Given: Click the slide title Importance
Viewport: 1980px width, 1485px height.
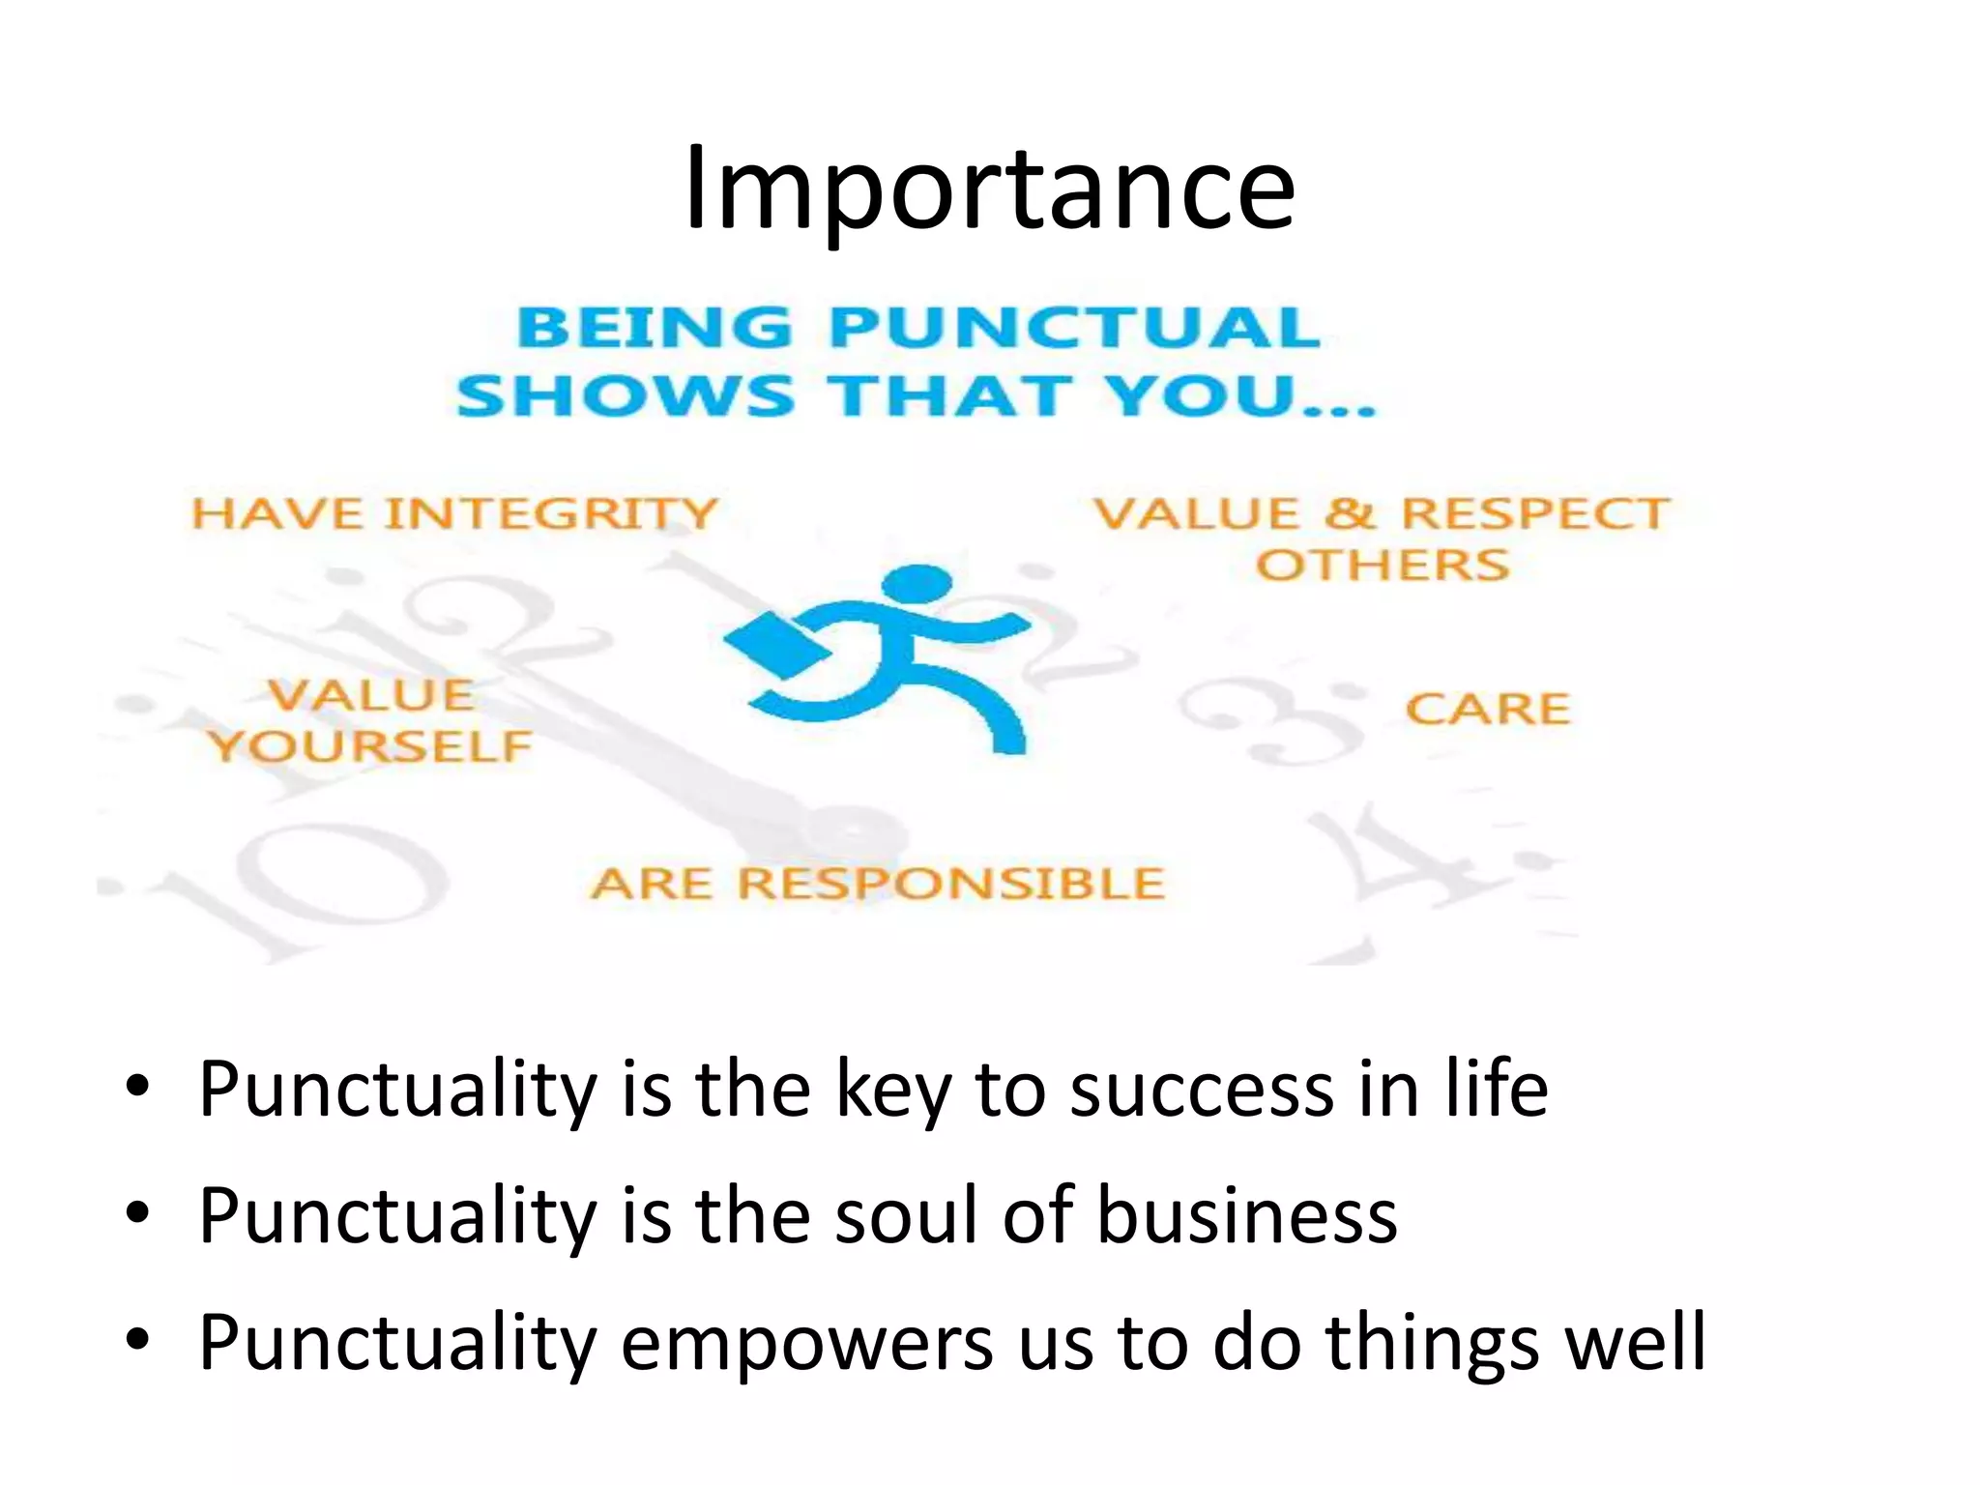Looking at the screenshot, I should point(988,189).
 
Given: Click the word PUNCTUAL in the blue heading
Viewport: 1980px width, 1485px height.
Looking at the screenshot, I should point(1074,327).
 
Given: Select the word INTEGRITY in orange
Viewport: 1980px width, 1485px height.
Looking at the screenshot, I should point(551,513).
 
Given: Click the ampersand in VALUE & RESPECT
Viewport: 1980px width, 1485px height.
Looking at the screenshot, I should point(1350,513).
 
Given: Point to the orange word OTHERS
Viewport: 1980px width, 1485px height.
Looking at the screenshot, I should point(1382,565).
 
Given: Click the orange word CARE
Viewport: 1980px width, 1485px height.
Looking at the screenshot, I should point(1487,710).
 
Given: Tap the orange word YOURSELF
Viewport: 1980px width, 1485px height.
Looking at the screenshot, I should point(370,746).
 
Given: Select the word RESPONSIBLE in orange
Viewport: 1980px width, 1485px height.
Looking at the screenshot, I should point(951,884).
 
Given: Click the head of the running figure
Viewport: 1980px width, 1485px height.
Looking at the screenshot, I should point(916,585).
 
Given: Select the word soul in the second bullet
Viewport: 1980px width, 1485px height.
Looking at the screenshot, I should point(906,1215).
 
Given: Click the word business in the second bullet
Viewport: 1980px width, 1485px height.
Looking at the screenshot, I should point(1246,1215).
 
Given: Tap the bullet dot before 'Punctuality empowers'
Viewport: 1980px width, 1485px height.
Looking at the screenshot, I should point(137,1340).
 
